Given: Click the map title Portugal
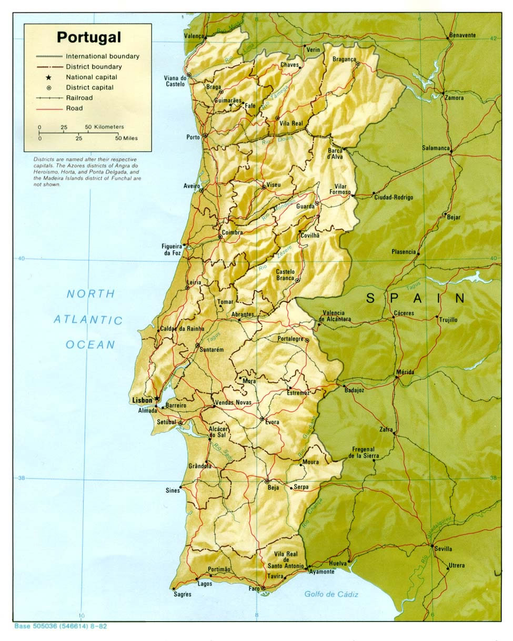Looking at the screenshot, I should pos(88,37).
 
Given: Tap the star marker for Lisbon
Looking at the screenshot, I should pos(157,399).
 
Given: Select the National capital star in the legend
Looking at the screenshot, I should pos(48,77).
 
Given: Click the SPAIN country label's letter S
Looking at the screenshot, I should pos(371,299).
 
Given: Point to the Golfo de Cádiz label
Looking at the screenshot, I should pos(331,594).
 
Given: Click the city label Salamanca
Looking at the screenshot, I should pos(436,148).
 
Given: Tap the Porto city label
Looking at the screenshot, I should pos(193,137).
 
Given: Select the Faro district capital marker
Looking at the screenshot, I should pos(263,588).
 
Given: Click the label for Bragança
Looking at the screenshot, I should pos(344,59).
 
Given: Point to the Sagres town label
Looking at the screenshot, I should pos(183,594).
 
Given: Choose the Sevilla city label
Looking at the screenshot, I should pos(443,548).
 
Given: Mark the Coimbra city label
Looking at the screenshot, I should pos(232,232).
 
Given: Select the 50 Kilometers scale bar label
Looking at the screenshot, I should pos(104,127).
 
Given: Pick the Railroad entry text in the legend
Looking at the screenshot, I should pos(79,98).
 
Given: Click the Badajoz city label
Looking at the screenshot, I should pos(354,390).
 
